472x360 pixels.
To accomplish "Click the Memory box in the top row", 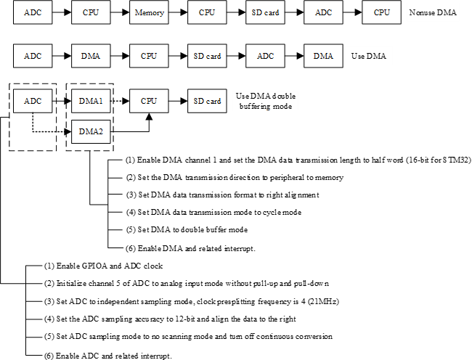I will click(150, 13).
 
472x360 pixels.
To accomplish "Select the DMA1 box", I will click(91, 102).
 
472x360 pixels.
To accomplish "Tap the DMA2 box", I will click(91, 131).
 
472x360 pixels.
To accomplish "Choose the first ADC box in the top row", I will click(33, 13).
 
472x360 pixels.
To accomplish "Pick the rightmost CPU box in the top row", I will click(382, 13).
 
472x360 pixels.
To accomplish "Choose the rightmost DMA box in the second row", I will click(324, 55).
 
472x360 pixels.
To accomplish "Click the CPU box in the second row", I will click(150, 55).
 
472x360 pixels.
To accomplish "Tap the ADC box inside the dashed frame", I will click(33, 102).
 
